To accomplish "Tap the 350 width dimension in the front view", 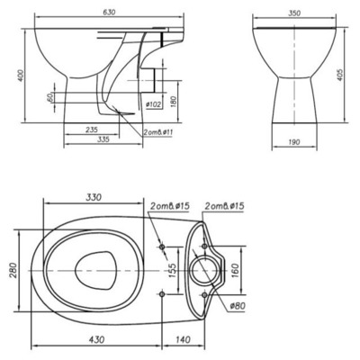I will click(x=294, y=13).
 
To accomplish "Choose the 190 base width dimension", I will click(x=294, y=141).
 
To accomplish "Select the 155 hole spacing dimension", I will click(x=170, y=269).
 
